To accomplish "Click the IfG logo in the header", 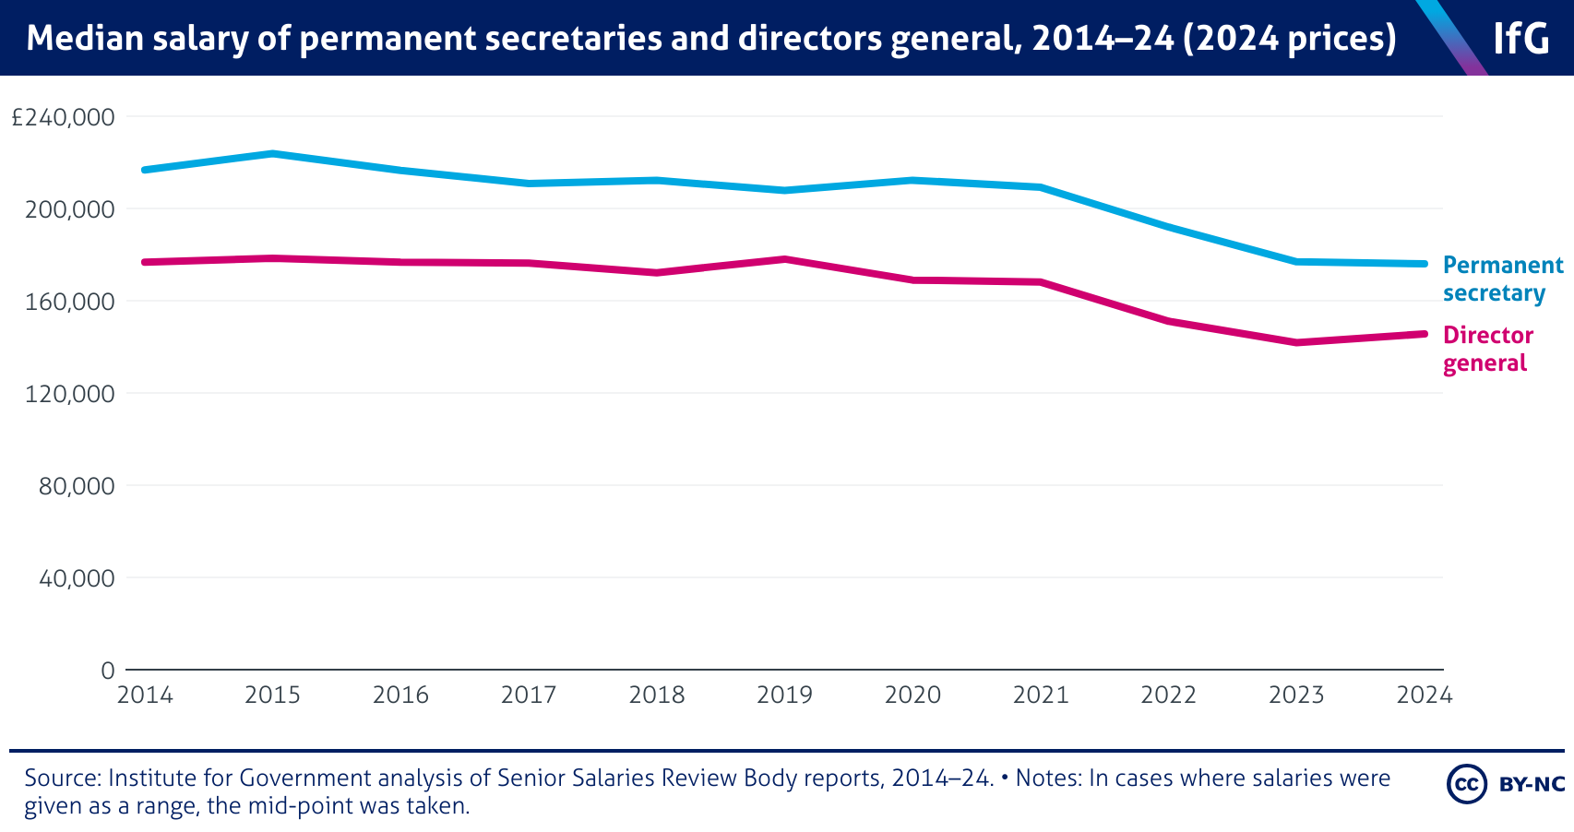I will point(1521,39).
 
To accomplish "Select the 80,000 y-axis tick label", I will point(77,486).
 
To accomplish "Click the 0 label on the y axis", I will point(107,671).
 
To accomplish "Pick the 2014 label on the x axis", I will point(145,695).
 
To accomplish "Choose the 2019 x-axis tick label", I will point(784,695).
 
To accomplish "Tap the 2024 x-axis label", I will point(1425,695).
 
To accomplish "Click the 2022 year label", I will point(1168,695).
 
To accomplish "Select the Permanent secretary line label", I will point(1502,279).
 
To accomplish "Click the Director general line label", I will point(1487,349).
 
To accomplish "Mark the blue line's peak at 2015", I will point(272,153).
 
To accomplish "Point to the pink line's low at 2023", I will point(1296,342).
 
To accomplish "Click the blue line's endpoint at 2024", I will point(1425,264).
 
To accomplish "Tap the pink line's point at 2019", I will point(784,259).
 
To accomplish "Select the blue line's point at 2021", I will point(1041,187).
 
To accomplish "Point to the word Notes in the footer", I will point(1048,779).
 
